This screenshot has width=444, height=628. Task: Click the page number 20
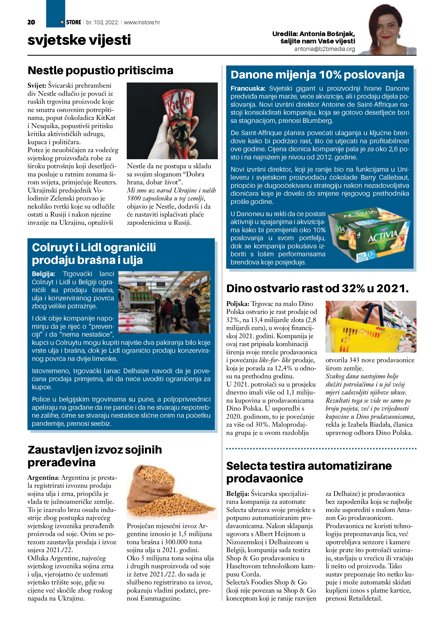point(31,22)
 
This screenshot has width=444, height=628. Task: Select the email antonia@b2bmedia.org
point(325,49)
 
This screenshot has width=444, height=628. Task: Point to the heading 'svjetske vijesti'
point(79,40)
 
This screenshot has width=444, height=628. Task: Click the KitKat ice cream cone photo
point(172,121)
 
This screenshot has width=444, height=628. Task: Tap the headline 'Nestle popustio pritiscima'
point(100,70)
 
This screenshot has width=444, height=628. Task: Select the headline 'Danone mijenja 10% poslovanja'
point(317,75)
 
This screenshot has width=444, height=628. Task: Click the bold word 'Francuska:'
point(248,88)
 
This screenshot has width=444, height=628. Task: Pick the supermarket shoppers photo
point(164,302)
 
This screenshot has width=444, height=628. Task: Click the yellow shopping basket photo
point(371,326)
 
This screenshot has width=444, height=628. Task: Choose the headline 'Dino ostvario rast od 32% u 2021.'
point(317,289)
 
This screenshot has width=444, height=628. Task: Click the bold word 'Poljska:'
point(238,304)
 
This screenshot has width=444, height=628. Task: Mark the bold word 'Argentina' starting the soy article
point(43,478)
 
